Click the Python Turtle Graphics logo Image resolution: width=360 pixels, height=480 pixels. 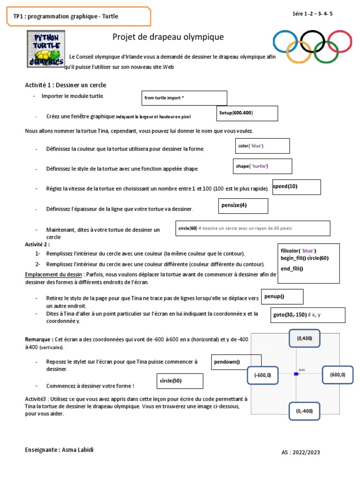(x=45, y=49)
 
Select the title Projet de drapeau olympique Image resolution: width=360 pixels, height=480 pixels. (x=168, y=37)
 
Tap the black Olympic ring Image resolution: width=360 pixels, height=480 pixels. (x=313, y=42)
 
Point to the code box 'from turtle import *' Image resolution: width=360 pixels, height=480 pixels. (x=184, y=98)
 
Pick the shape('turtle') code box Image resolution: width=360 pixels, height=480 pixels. (x=262, y=166)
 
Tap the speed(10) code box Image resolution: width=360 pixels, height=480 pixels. (x=296, y=187)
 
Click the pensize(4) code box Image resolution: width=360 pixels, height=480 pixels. (x=244, y=206)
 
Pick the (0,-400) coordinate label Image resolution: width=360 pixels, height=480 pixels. (x=304, y=411)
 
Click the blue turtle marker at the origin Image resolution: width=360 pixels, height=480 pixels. (x=296, y=374)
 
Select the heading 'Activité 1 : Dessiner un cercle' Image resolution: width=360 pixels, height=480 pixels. (x=66, y=85)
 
